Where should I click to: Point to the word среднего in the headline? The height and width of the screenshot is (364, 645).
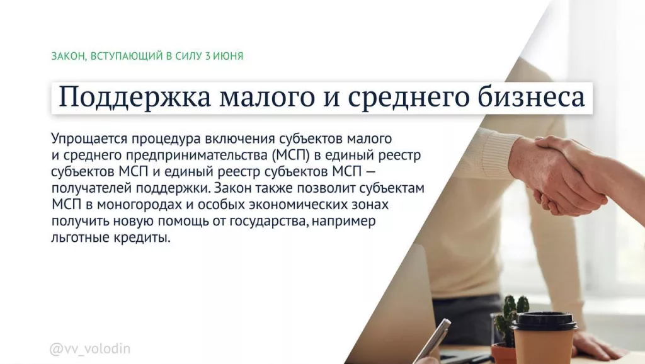(394, 98)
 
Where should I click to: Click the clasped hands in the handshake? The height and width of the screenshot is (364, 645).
(554, 176)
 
